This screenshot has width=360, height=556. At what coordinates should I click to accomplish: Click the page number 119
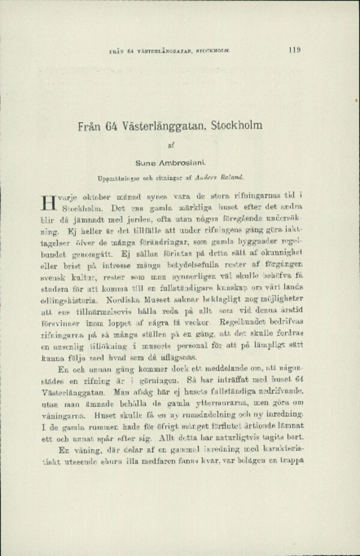tap(294, 50)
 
